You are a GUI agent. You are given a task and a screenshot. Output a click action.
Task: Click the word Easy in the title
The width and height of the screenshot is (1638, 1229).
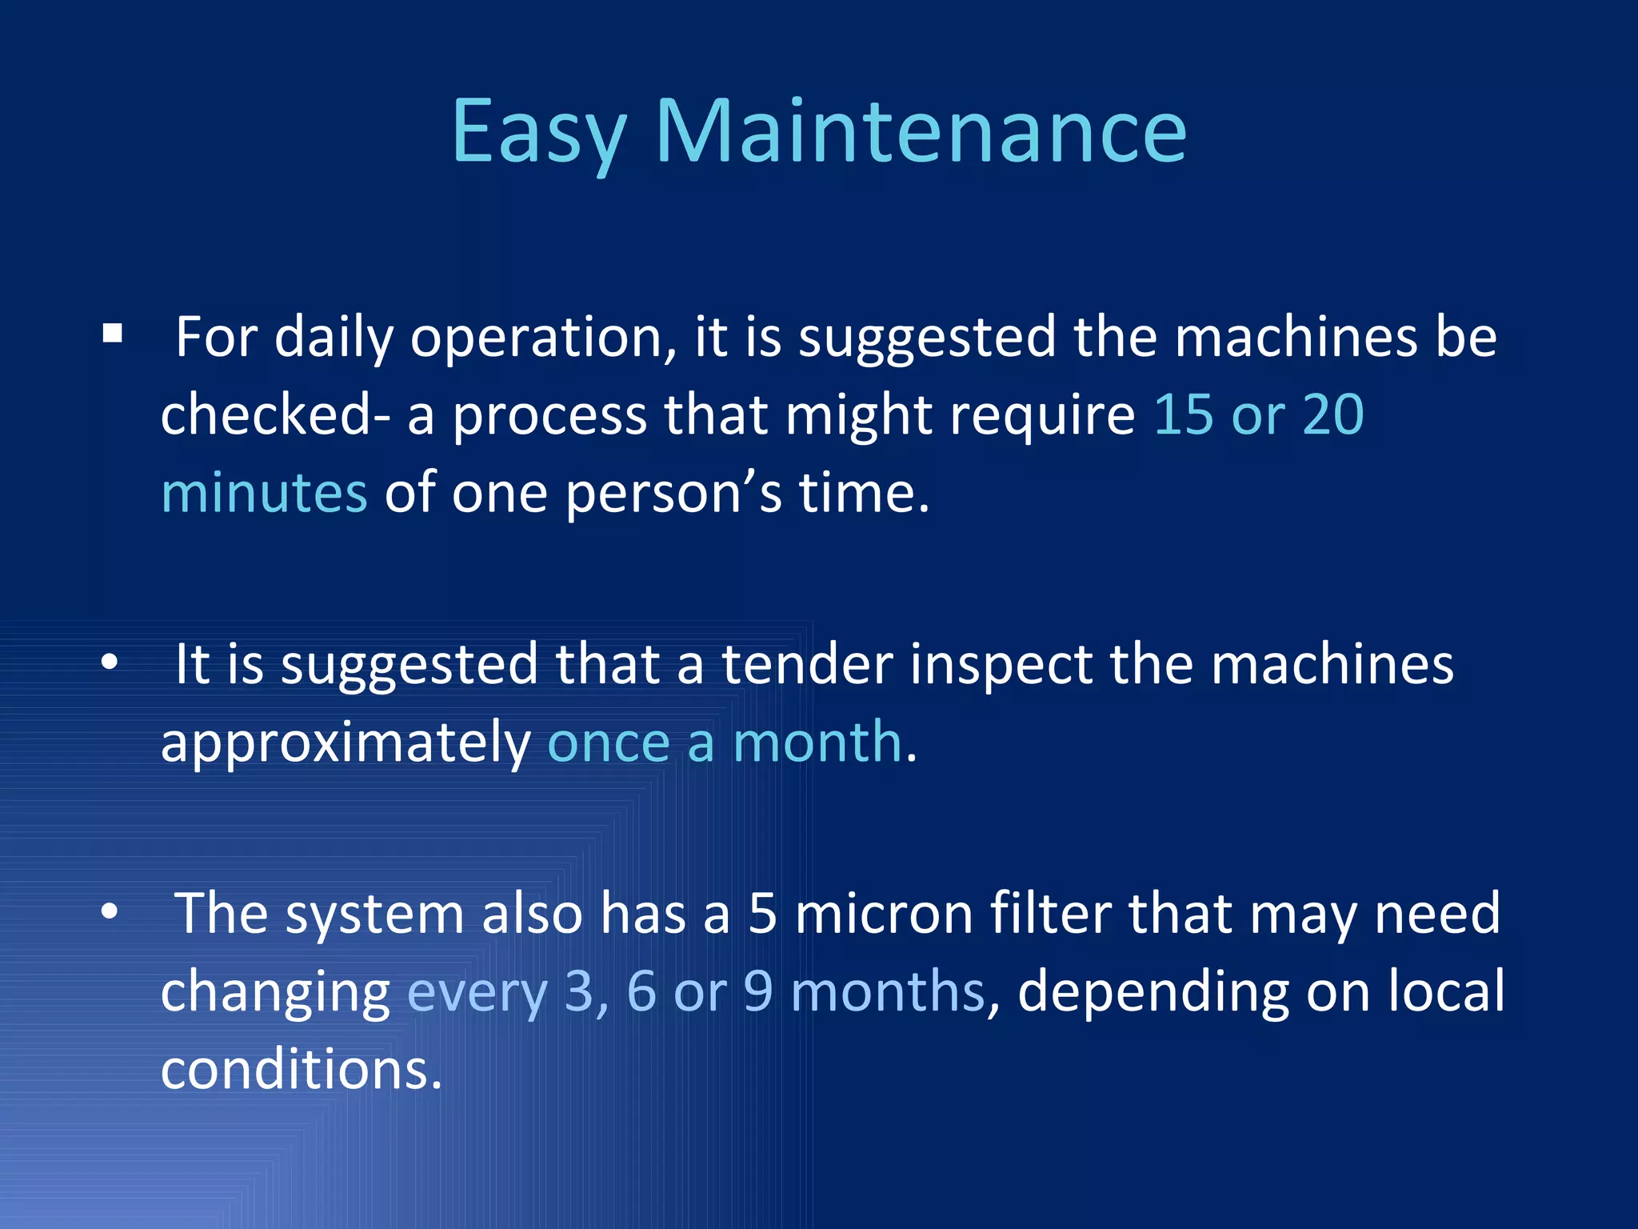(537, 132)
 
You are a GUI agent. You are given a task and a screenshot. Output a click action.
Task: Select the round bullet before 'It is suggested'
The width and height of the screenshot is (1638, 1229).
(110, 663)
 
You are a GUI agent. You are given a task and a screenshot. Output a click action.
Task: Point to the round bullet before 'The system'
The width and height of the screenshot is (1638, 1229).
(110, 911)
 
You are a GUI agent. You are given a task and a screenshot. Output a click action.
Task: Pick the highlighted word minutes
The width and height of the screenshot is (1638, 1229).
(264, 492)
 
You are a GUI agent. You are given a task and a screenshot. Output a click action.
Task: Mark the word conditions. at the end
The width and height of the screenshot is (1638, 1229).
(301, 1069)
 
